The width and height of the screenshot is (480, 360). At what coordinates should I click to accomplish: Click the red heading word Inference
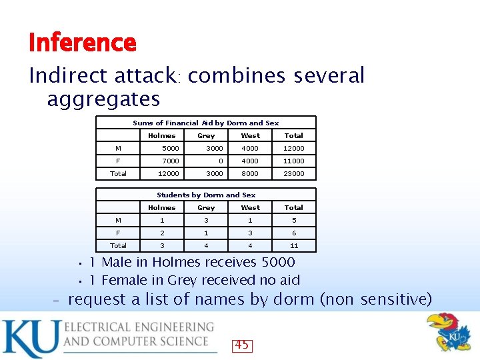83,43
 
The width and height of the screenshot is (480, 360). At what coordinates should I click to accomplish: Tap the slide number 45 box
241,345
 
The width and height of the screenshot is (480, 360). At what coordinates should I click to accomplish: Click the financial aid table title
205,123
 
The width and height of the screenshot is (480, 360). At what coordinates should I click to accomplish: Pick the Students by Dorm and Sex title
205,195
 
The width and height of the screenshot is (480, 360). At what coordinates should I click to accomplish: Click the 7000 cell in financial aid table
171,161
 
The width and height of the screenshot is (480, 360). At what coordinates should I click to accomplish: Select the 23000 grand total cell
293,173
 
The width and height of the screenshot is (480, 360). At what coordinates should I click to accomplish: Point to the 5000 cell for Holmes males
171,148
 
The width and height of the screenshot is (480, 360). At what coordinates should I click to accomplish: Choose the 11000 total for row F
293,161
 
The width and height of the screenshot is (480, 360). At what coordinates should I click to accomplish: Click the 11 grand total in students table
293,245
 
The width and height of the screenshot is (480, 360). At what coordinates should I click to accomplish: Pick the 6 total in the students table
293,233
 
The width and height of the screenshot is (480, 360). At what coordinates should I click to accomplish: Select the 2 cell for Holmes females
162,233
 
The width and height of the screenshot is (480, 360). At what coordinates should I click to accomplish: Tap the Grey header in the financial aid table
206,135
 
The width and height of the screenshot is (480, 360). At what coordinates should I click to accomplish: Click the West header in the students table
250,207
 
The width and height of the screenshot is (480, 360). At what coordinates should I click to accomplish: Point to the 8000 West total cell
250,173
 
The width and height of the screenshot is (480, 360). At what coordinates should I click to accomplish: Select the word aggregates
103,99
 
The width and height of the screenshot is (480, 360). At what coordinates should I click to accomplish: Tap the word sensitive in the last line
393,299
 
